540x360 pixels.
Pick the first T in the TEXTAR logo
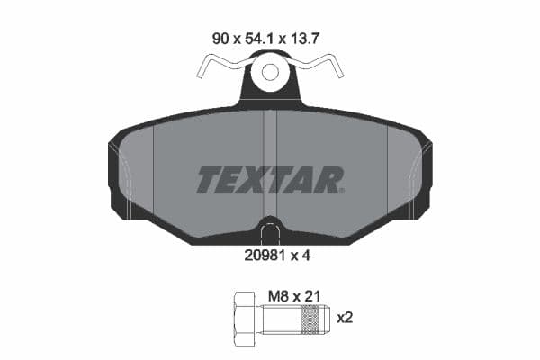tap(208, 181)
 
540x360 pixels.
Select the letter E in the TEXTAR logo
tap(233, 181)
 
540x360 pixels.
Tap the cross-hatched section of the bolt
tap(311, 318)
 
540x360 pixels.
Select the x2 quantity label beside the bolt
tap(346, 318)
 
